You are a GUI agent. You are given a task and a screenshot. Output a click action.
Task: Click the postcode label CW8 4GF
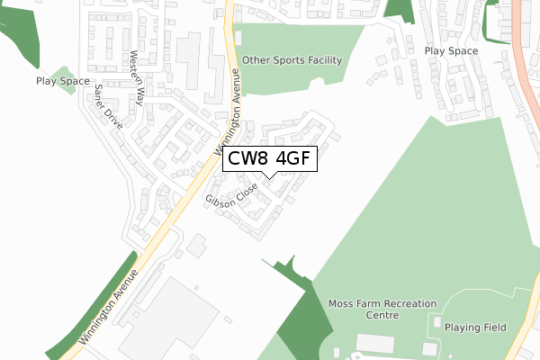pos(269,158)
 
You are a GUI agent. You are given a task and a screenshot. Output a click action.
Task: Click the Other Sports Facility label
pos(292,60)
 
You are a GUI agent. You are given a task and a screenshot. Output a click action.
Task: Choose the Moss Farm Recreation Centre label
pos(382,310)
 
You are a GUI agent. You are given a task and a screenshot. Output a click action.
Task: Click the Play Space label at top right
pos(451,51)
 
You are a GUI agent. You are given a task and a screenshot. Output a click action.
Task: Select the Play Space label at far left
pos(63,81)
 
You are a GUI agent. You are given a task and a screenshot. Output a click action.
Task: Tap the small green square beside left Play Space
pos(61,76)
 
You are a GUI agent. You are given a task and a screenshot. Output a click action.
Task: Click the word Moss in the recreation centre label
pos(343,303)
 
